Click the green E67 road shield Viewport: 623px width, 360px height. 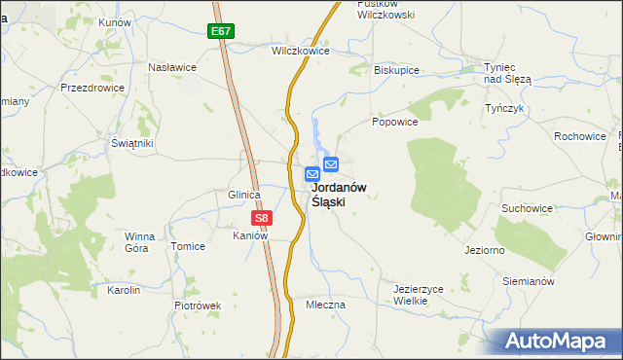pos(222,31)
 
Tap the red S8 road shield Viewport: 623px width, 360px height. pos(261,219)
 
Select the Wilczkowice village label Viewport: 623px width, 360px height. pos(298,50)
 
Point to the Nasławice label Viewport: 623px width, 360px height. pos(172,67)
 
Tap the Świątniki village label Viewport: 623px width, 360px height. pos(132,143)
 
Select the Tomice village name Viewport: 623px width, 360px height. pos(188,246)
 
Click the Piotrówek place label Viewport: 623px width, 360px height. pos(198,305)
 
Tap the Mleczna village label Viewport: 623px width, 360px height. pos(325,305)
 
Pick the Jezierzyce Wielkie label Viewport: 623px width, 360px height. pos(419,295)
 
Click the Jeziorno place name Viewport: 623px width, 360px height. pos(484,250)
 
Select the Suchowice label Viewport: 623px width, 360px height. pos(527,208)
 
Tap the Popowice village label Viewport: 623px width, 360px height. pos(394,123)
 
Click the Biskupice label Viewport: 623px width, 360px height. pos(396,70)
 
